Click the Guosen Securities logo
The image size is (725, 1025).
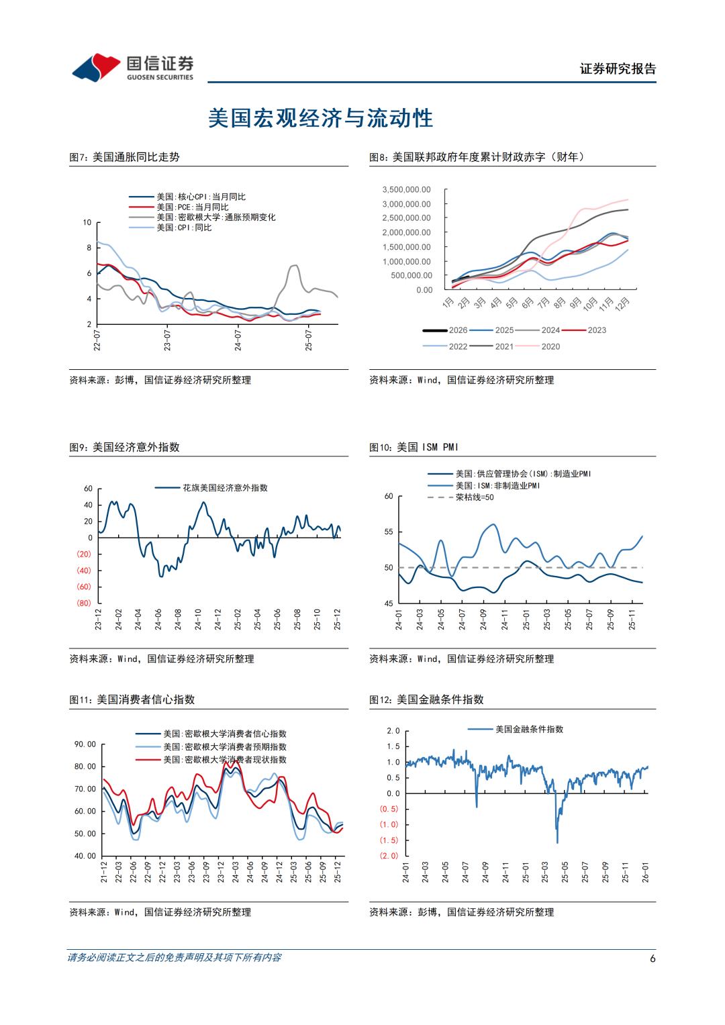132,66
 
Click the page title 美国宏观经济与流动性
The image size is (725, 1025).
321,118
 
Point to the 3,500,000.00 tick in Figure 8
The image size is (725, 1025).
406,190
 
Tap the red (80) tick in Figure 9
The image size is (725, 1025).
84,603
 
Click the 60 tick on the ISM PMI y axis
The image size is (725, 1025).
389,496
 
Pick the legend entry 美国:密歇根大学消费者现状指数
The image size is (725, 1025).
224,760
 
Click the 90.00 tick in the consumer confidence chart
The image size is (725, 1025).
85,744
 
